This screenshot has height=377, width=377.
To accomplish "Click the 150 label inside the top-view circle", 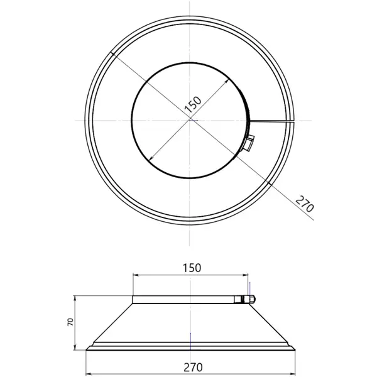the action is click(x=193, y=105).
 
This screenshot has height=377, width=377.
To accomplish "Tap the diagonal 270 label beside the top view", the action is click(x=305, y=204).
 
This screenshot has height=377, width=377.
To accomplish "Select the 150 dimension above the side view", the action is click(x=192, y=268).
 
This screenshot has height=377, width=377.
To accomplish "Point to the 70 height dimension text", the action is click(x=70, y=322).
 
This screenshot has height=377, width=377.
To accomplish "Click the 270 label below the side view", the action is click(x=193, y=367).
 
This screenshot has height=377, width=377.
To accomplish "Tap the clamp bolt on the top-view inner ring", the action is click(x=249, y=143).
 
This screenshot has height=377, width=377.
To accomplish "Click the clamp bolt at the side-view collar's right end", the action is click(x=250, y=299).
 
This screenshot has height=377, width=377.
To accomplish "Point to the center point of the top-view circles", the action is click(x=190, y=120).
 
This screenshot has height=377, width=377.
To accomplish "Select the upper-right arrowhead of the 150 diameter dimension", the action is click(x=226, y=82).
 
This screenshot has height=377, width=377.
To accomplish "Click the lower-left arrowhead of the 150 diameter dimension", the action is click(x=151, y=158).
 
